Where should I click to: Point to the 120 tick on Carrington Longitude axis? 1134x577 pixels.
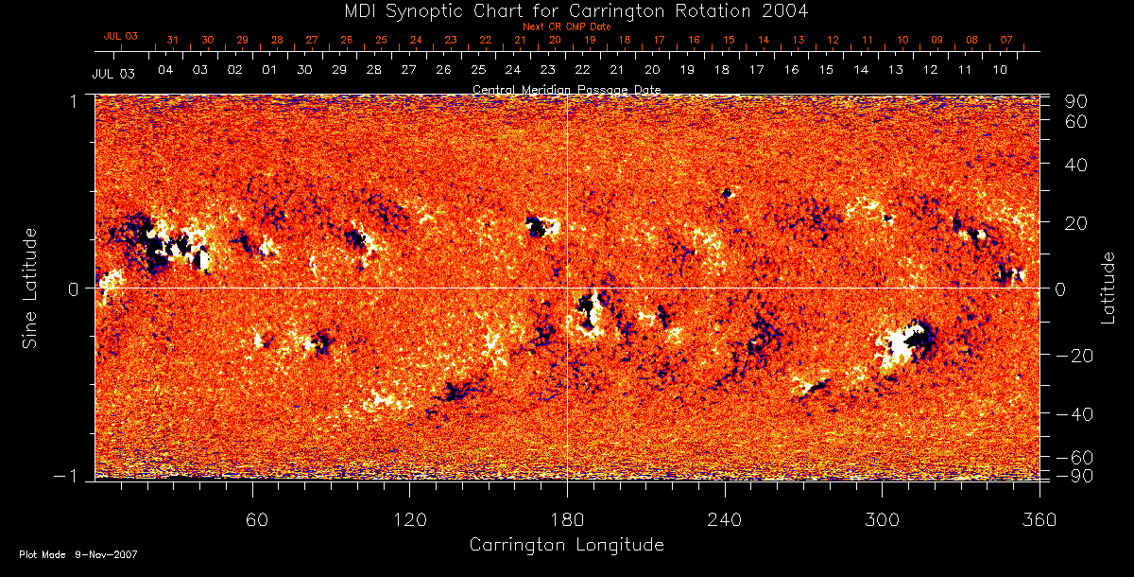(x=410, y=519)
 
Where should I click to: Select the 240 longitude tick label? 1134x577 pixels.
(x=724, y=519)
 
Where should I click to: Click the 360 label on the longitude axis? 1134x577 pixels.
(x=1039, y=519)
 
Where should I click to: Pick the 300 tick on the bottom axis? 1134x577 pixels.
(x=882, y=519)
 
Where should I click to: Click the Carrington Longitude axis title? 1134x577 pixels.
(x=566, y=545)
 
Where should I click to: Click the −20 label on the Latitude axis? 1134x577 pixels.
(x=1072, y=355)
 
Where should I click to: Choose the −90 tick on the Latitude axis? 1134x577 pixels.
(x=1072, y=475)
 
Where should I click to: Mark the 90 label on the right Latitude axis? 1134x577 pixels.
(x=1077, y=101)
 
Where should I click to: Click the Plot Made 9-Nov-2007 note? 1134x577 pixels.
(x=78, y=554)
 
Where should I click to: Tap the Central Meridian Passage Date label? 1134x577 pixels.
(x=566, y=89)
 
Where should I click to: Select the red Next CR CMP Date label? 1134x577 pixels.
(x=566, y=26)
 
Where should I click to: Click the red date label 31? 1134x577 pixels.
(x=172, y=40)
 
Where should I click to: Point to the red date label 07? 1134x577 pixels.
(x=1006, y=40)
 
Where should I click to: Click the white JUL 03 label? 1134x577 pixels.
(x=113, y=73)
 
